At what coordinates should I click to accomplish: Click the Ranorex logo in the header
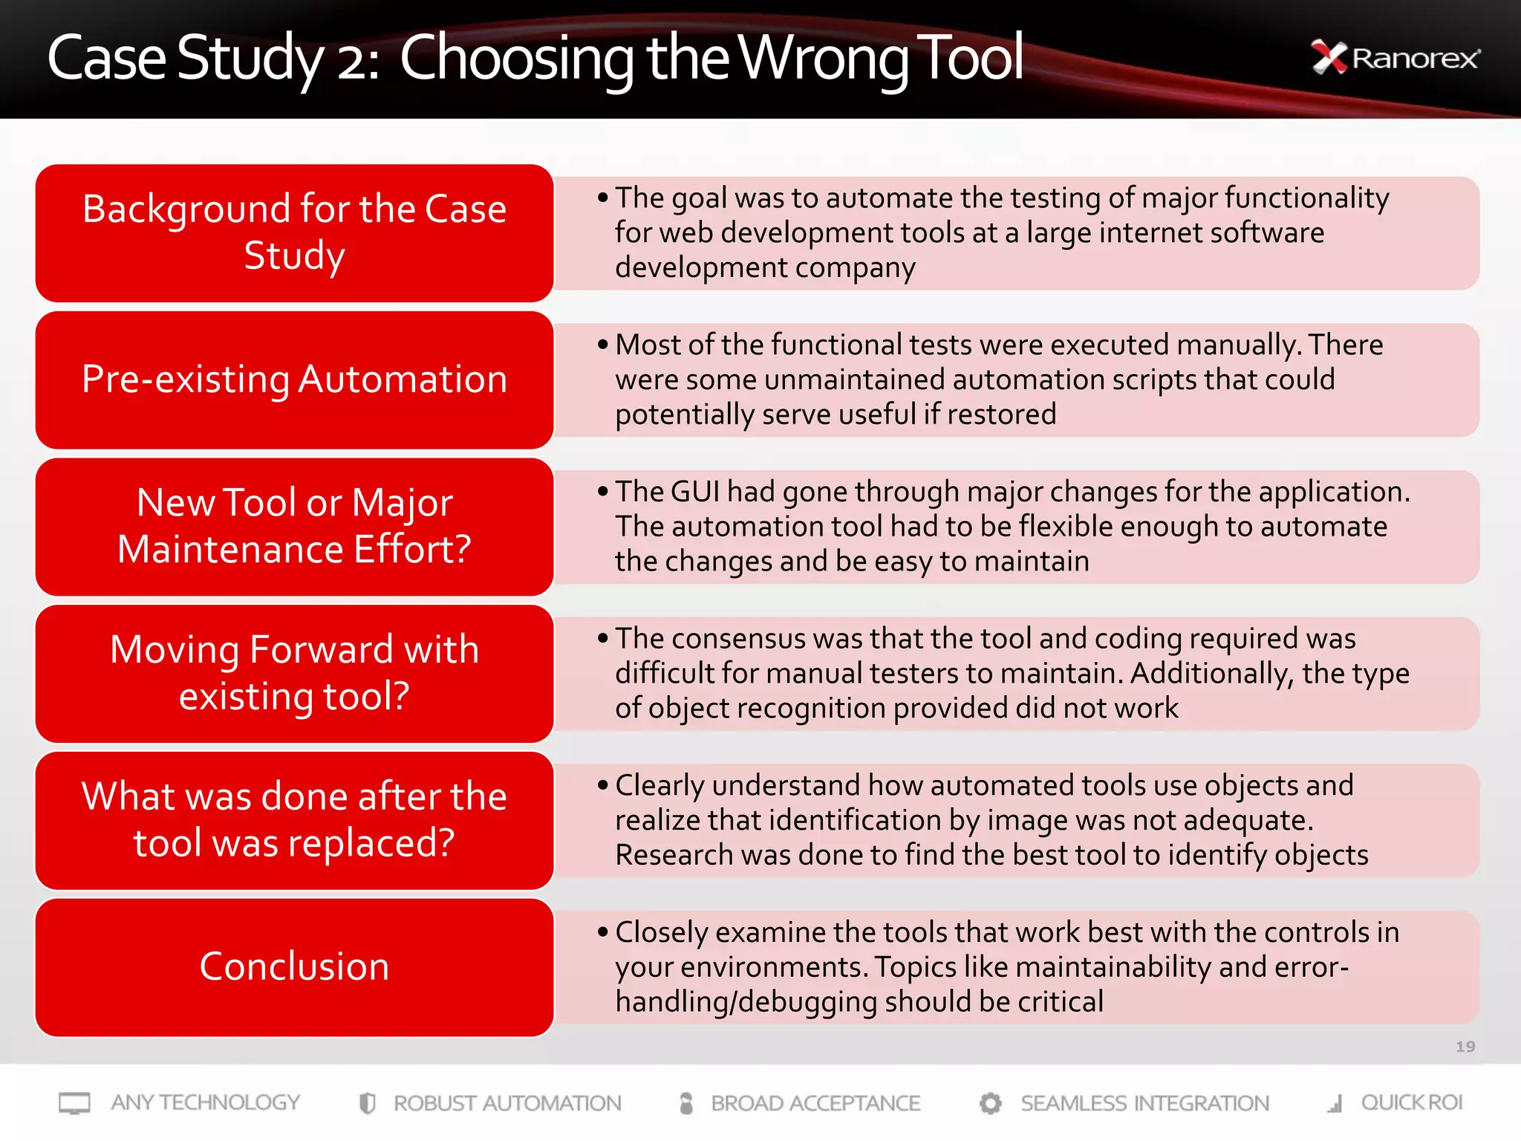click(x=1395, y=58)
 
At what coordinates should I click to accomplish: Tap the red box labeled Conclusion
click(x=294, y=966)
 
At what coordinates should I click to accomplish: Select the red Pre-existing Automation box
click(x=294, y=380)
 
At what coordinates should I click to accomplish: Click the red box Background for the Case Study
click(x=294, y=233)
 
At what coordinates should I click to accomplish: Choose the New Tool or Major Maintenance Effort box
click(x=294, y=526)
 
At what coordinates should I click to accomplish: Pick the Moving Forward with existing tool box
click(x=294, y=673)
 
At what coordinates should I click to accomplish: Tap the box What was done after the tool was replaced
click(x=294, y=820)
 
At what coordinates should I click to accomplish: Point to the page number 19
click(x=1465, y=1047)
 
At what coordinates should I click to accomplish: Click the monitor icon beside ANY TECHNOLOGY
click(x=74, y=1103)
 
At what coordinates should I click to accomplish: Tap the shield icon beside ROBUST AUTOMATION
click(x=367, y=1103)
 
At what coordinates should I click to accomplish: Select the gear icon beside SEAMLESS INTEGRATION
click(x=990, y=1103)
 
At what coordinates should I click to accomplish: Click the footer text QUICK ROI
click(x=1411, y=1102)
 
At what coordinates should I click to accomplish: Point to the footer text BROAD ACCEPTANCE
click(x=815, y=1103)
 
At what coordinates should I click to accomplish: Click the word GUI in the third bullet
click(x=695, y=492)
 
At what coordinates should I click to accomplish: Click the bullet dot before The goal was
click(x=602, y=198)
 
